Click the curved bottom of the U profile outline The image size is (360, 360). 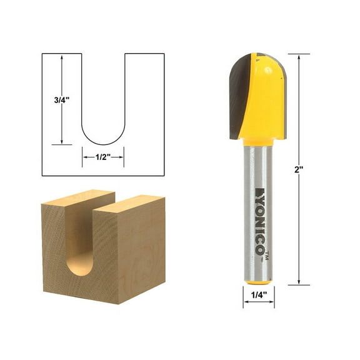tap(103, 142)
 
